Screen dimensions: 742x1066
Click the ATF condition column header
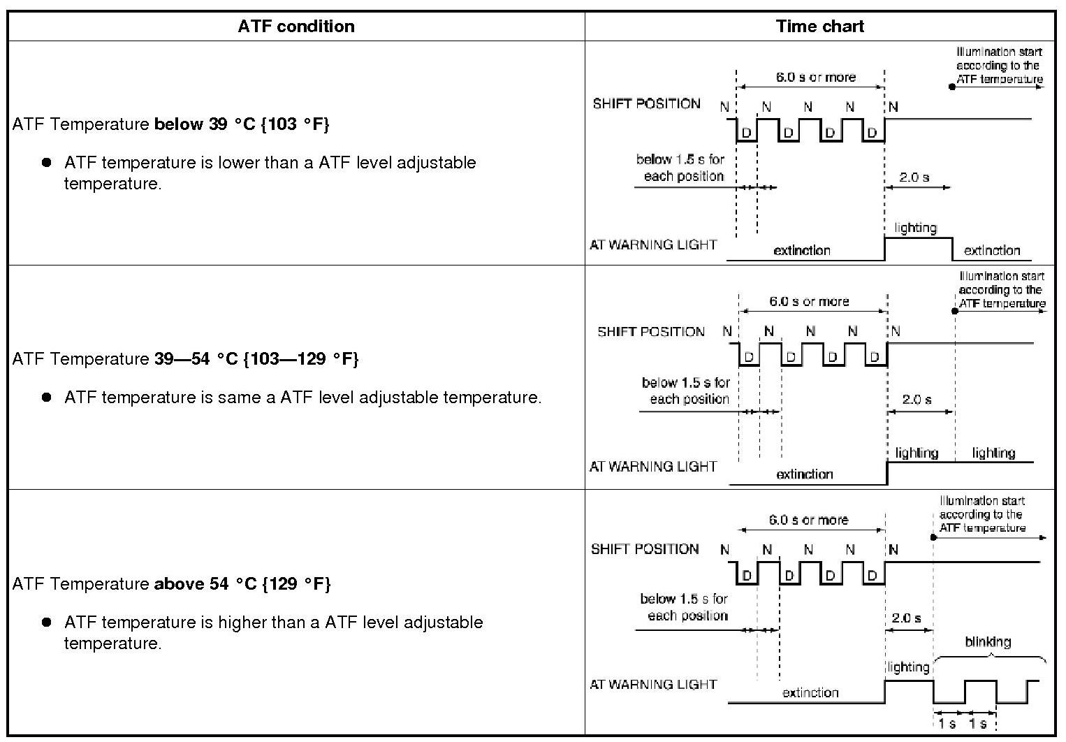click(296, 27)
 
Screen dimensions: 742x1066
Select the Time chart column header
click(819, 27)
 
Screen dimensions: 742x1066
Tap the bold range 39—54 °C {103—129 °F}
click(256, 359)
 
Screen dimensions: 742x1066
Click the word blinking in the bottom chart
click(988, 641)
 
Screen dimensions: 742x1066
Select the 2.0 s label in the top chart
click(914, 177)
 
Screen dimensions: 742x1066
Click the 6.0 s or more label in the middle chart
click(809, 302)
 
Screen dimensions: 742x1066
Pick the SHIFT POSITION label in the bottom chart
click(645, 549)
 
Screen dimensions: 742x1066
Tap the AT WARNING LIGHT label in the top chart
click(653, 245)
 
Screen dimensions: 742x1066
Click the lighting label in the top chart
click(915, 228)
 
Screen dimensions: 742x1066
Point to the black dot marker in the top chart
click(952, 87)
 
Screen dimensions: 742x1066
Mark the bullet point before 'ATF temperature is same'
click(47, 397)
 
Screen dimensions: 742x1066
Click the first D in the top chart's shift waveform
click(746, 133)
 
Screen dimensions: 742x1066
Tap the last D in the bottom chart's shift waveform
click(872, 576)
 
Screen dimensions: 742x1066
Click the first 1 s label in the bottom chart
click(947, 724)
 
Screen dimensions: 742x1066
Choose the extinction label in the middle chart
click(805, 474)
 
